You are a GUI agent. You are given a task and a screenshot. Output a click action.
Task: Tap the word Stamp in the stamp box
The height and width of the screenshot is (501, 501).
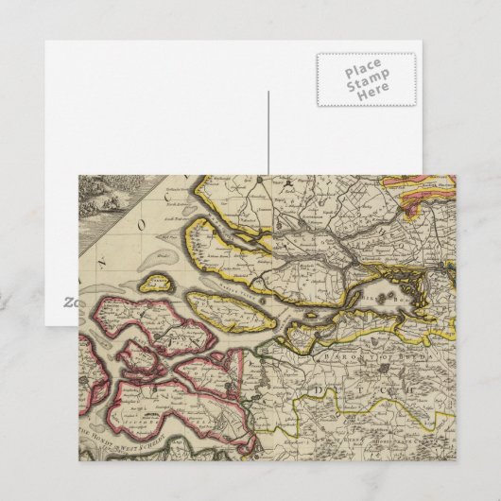pyautogui.click(x=363, y=86)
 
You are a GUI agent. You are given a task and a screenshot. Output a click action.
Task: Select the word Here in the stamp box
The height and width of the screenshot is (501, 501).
pyautogui.click(x=363, y=99)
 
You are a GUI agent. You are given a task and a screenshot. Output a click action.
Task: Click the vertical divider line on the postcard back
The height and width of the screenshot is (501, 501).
pyautogui.click(x=268, y=132)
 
